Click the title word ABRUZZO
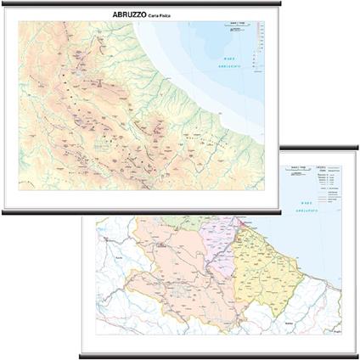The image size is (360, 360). (x=129, y=15)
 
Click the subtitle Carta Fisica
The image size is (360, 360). (x=161, y=16)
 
